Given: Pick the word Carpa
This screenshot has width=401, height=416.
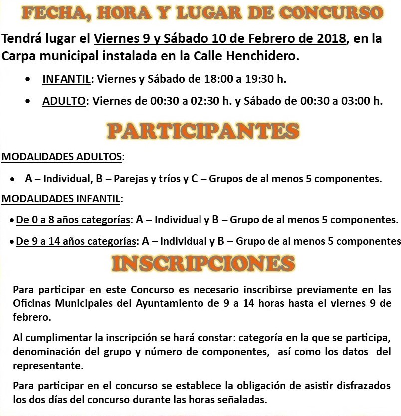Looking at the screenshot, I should [x=18, y=56].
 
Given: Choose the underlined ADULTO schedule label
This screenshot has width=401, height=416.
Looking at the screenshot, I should [x=64, y=101].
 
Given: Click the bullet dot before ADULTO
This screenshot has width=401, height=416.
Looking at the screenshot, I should [x=32, y=101].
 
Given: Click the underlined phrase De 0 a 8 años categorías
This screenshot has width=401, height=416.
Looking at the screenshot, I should [x=74, y=220].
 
